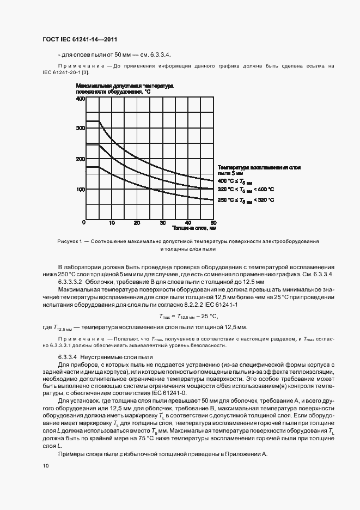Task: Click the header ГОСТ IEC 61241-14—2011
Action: coord(80,40)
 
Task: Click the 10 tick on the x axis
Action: coord(112,223)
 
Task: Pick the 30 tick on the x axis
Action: coord(162,223)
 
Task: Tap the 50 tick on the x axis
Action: coord(213,223)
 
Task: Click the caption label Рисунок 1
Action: coord(69,241)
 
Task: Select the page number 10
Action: coord(45,465)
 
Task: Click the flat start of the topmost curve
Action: coord(93,121)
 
